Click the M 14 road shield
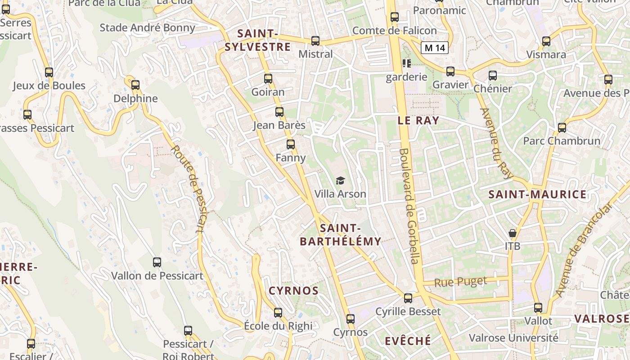click(435, 48)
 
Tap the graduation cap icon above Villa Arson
click(340, 181)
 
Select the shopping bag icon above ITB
click(512, 233)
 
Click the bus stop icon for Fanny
click(291, 144)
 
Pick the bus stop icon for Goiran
click(268, 79)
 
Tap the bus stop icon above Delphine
click(135, 85)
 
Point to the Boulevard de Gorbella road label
click(410, 206)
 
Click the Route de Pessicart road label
click(188, 189)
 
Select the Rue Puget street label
click(461, 282)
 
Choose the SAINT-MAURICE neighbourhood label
click(538, 194)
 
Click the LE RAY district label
click(418, 120)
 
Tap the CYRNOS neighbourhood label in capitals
click(294, 291)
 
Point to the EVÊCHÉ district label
click(408, 341)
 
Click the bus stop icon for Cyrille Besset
click(408, 298)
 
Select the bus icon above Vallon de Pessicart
click(157, 262)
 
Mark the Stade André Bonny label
click(147, 27)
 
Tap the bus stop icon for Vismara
click(546, 41)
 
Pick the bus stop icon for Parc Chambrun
click(562, 127)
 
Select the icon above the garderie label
click(407, 63)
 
